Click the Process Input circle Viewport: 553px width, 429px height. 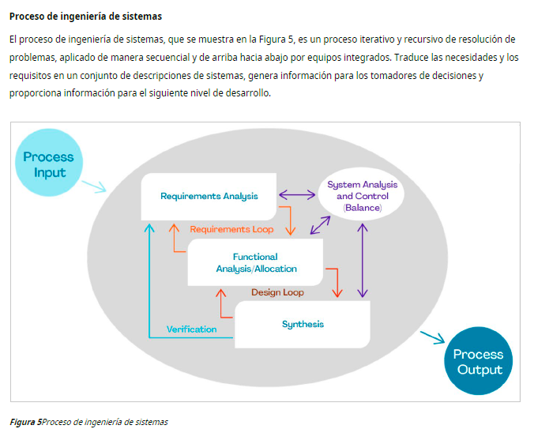[x=49, y=165]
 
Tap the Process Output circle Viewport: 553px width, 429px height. [x=477, y=362]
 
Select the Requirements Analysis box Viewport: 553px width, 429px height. [x=209, y=196]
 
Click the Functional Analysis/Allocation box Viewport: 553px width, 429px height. [x=254, y=262]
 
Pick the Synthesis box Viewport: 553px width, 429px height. [x=303, y=324]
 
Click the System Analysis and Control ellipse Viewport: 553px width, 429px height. [x=362, y=195]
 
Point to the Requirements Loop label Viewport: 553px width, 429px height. [x=231, y=229]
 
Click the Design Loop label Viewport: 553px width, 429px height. [x=277, y=292]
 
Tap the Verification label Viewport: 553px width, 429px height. [x=191, y=329]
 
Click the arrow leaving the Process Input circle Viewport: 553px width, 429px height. [x=94, y=186]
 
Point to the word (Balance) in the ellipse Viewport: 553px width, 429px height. [x=362, y=207]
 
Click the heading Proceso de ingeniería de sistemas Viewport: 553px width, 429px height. [x=85, y=17]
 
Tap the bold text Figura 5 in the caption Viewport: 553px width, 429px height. [x=25, y=422]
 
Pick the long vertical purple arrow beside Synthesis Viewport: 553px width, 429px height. [x=363, y=259]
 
